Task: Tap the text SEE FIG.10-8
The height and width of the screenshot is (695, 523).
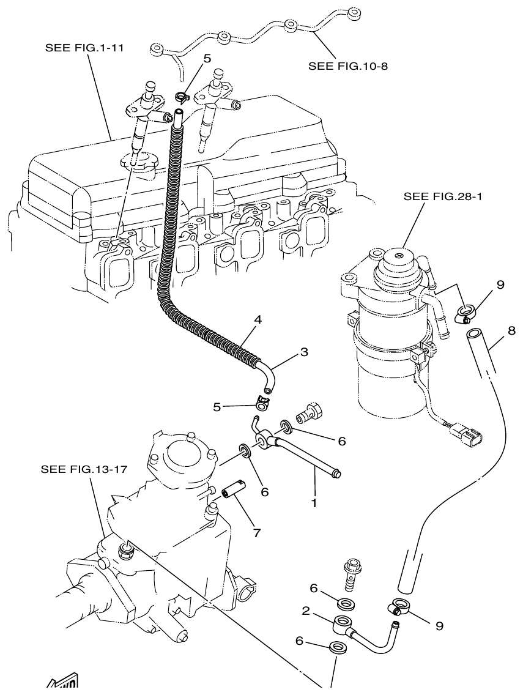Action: click(349, 65)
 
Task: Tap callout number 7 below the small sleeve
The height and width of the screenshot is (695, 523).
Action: click(256, 532)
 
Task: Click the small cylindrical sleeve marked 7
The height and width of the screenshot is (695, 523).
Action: click(235, 492)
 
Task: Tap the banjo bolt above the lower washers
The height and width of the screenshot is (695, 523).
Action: click(352, 574)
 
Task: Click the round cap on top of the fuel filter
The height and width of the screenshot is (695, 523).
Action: click(398, 259)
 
